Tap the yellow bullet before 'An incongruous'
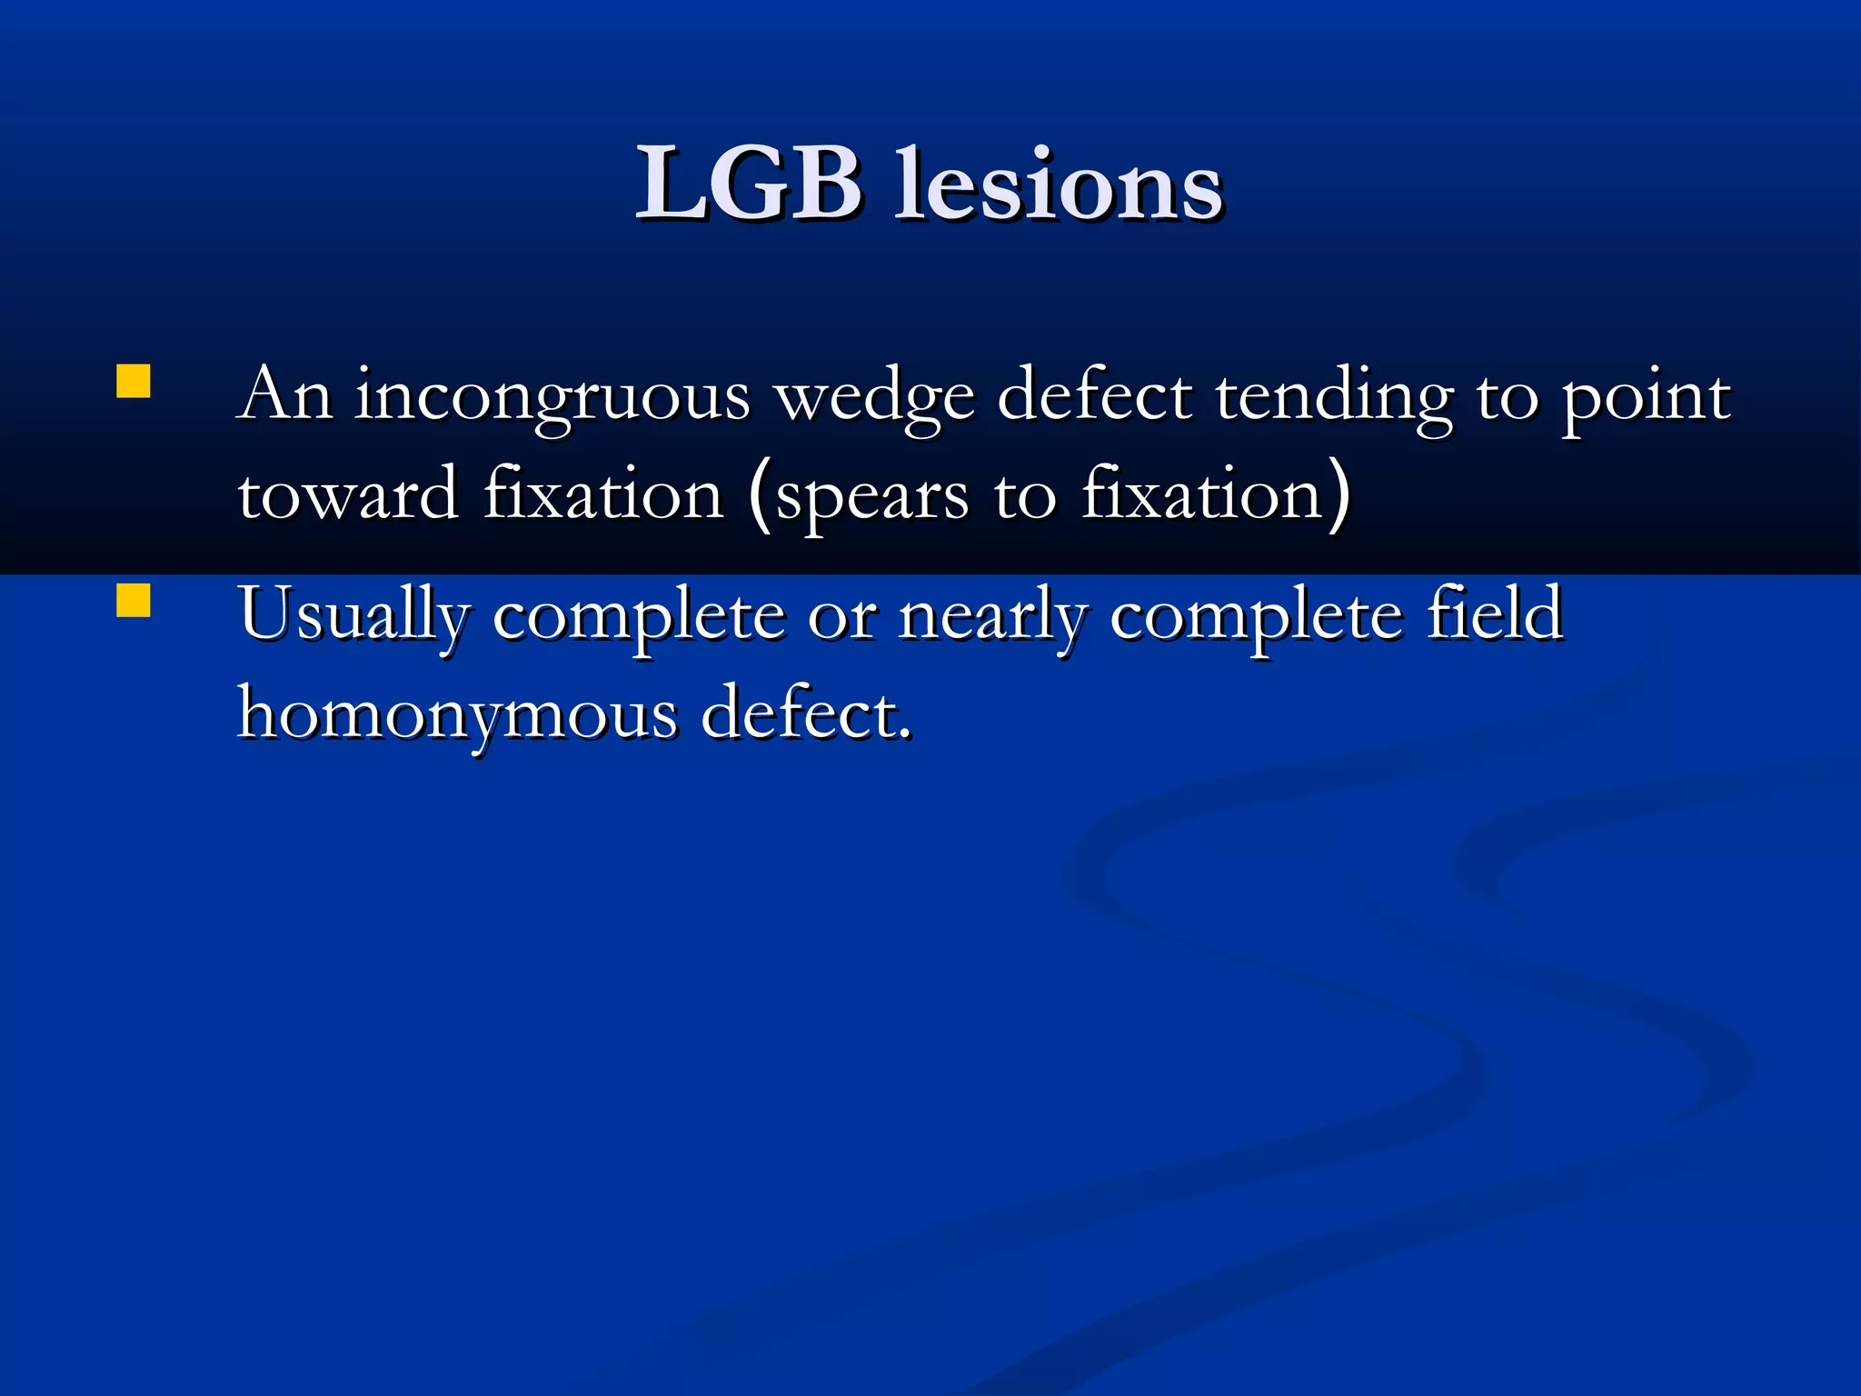pyautogui.click(x=134, y=382)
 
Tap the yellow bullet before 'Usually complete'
pyautogui.click(x=134, y=601)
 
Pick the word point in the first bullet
pyautogui.click(x=1646, y=400)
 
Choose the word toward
pyautogui.click(x=348, y=496)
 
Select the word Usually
pyautogui.click(x=354, y=616)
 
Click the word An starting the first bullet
pyautogui.click(x=284, y=396)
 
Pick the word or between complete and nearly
pyautogui.click(x=841, y=618)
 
